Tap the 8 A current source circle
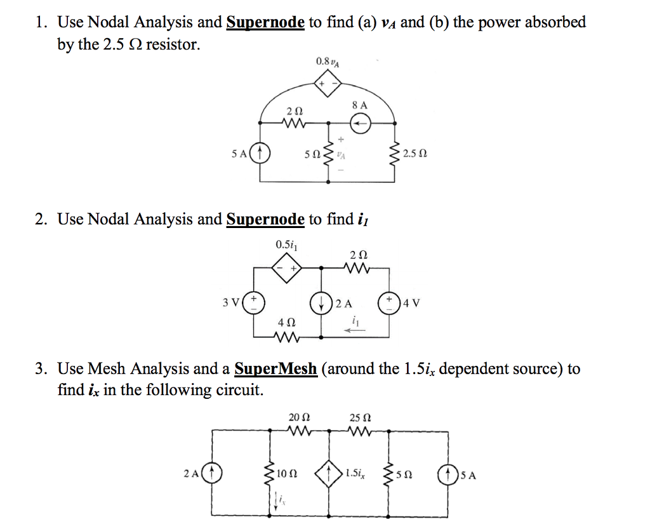(x=359, y=125)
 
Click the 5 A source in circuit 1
(x=261, y=153)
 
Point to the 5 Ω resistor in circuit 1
(x=328, y=153)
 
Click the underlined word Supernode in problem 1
(x=265, y=23)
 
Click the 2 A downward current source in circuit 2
(x=321, y=302)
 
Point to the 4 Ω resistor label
(x=286, y=322)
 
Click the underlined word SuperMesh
(x=275, y=368)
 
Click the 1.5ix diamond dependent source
(x=329, y=474)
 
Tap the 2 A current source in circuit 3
(x=212, y=474)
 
